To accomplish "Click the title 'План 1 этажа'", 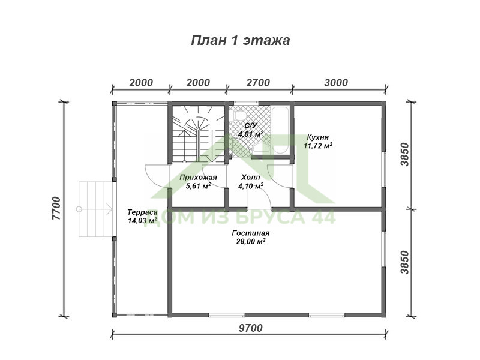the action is pos(241,40).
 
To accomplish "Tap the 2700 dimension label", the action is pos(258,83).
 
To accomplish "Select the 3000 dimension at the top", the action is pos(336,83).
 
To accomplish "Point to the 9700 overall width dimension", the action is pos(250,328).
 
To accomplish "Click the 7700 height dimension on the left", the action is pos(56,208).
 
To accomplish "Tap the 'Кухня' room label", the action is pos(318,137).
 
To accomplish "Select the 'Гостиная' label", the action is pos(250,233).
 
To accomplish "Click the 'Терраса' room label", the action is pos(142,212).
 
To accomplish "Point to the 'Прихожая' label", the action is pos(198,177).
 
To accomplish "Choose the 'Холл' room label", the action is pos(250,177).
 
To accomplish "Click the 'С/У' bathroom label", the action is pos(250,125).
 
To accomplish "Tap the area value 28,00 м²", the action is pos(250,242).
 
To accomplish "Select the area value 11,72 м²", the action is pos(318,146).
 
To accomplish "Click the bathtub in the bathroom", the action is pos(280,130).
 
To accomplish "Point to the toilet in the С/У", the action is pos(239,115).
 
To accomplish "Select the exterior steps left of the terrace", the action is pos(95,209).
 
